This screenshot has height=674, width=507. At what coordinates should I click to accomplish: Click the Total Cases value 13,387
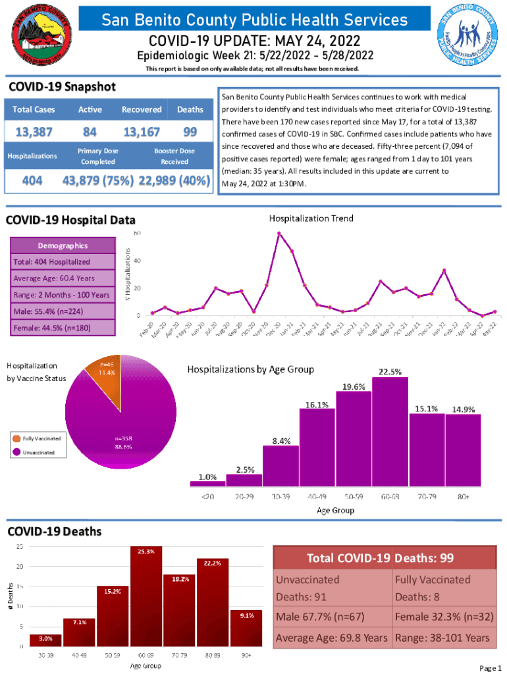pyautogui.click(x=34, y=132)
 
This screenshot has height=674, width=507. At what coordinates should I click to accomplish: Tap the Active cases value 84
pyautogui.click(x=90, y=132)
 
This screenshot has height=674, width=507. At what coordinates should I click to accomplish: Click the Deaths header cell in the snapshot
pyautogui.click(x=190, y=109)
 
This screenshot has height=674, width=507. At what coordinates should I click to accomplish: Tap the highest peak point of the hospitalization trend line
pyautogui.click(x=279, y=233)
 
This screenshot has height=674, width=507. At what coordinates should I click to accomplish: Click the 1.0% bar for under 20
pyautogui.click(x=207, y=484)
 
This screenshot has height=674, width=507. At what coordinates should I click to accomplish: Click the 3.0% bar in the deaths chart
pyautogui.click(x=45, y=640)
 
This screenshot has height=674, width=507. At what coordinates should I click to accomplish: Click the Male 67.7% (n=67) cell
pyautogui.click(x=333, y=617)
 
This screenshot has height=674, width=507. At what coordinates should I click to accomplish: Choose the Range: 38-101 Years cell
pyautogui.click(x=442, y=638)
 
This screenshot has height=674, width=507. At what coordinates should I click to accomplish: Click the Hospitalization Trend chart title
pyautogui.click(x=310, y=218)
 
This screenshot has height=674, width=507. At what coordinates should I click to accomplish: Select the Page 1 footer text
pyautogui.click(x=490, y=668)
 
